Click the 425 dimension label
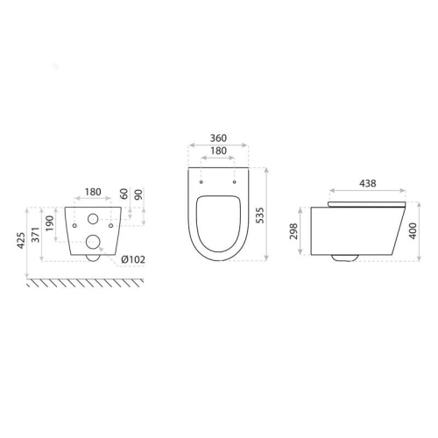[x=21, y=241]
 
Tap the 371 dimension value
[x=36, y=235]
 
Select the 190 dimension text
[x=50, y=223]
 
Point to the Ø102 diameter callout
[x=133, y=259]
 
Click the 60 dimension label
[x=124, y=194]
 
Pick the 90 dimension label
[x=138, y=194]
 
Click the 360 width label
[x=218, y=138]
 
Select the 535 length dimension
[x=259, y=215]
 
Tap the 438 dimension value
[x=368, y=183]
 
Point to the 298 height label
[x=293, y=231]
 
